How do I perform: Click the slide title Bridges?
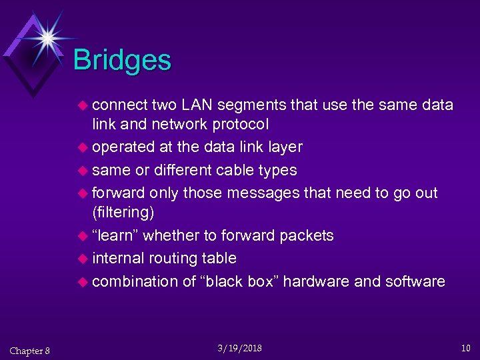click(122, 61)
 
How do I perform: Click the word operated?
click(123, 147)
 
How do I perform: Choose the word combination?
click(135, 281)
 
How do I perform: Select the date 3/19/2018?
click(240, 348)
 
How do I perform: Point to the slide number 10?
click(465, 348)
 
